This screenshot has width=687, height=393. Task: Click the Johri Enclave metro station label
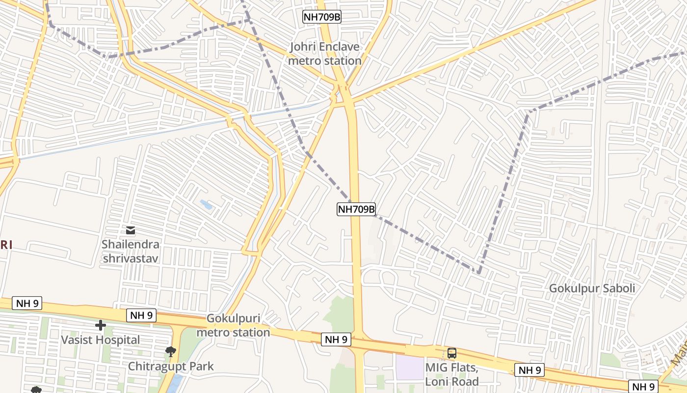324,54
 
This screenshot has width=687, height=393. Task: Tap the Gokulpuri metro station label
233,325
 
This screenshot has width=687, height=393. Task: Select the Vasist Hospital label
100,339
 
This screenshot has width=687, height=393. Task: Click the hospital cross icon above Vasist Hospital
101,325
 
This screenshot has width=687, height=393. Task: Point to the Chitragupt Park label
171,366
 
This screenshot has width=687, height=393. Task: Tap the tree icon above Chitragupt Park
171,351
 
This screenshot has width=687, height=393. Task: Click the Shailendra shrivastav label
131,251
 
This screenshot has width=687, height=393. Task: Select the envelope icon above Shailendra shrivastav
131,230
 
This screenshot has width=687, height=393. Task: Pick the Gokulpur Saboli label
592,288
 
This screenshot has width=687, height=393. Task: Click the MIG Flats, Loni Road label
451,374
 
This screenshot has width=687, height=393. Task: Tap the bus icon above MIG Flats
451,353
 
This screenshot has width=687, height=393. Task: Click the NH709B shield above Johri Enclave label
322,17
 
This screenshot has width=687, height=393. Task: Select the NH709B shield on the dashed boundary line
356,209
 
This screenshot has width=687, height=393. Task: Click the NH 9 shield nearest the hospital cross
142,315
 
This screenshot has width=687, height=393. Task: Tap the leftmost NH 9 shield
27,303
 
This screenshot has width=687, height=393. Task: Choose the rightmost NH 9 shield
643,386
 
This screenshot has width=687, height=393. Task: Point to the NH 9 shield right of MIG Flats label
529,370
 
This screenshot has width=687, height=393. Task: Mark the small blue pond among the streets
206,204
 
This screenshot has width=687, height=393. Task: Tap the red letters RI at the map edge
5,245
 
